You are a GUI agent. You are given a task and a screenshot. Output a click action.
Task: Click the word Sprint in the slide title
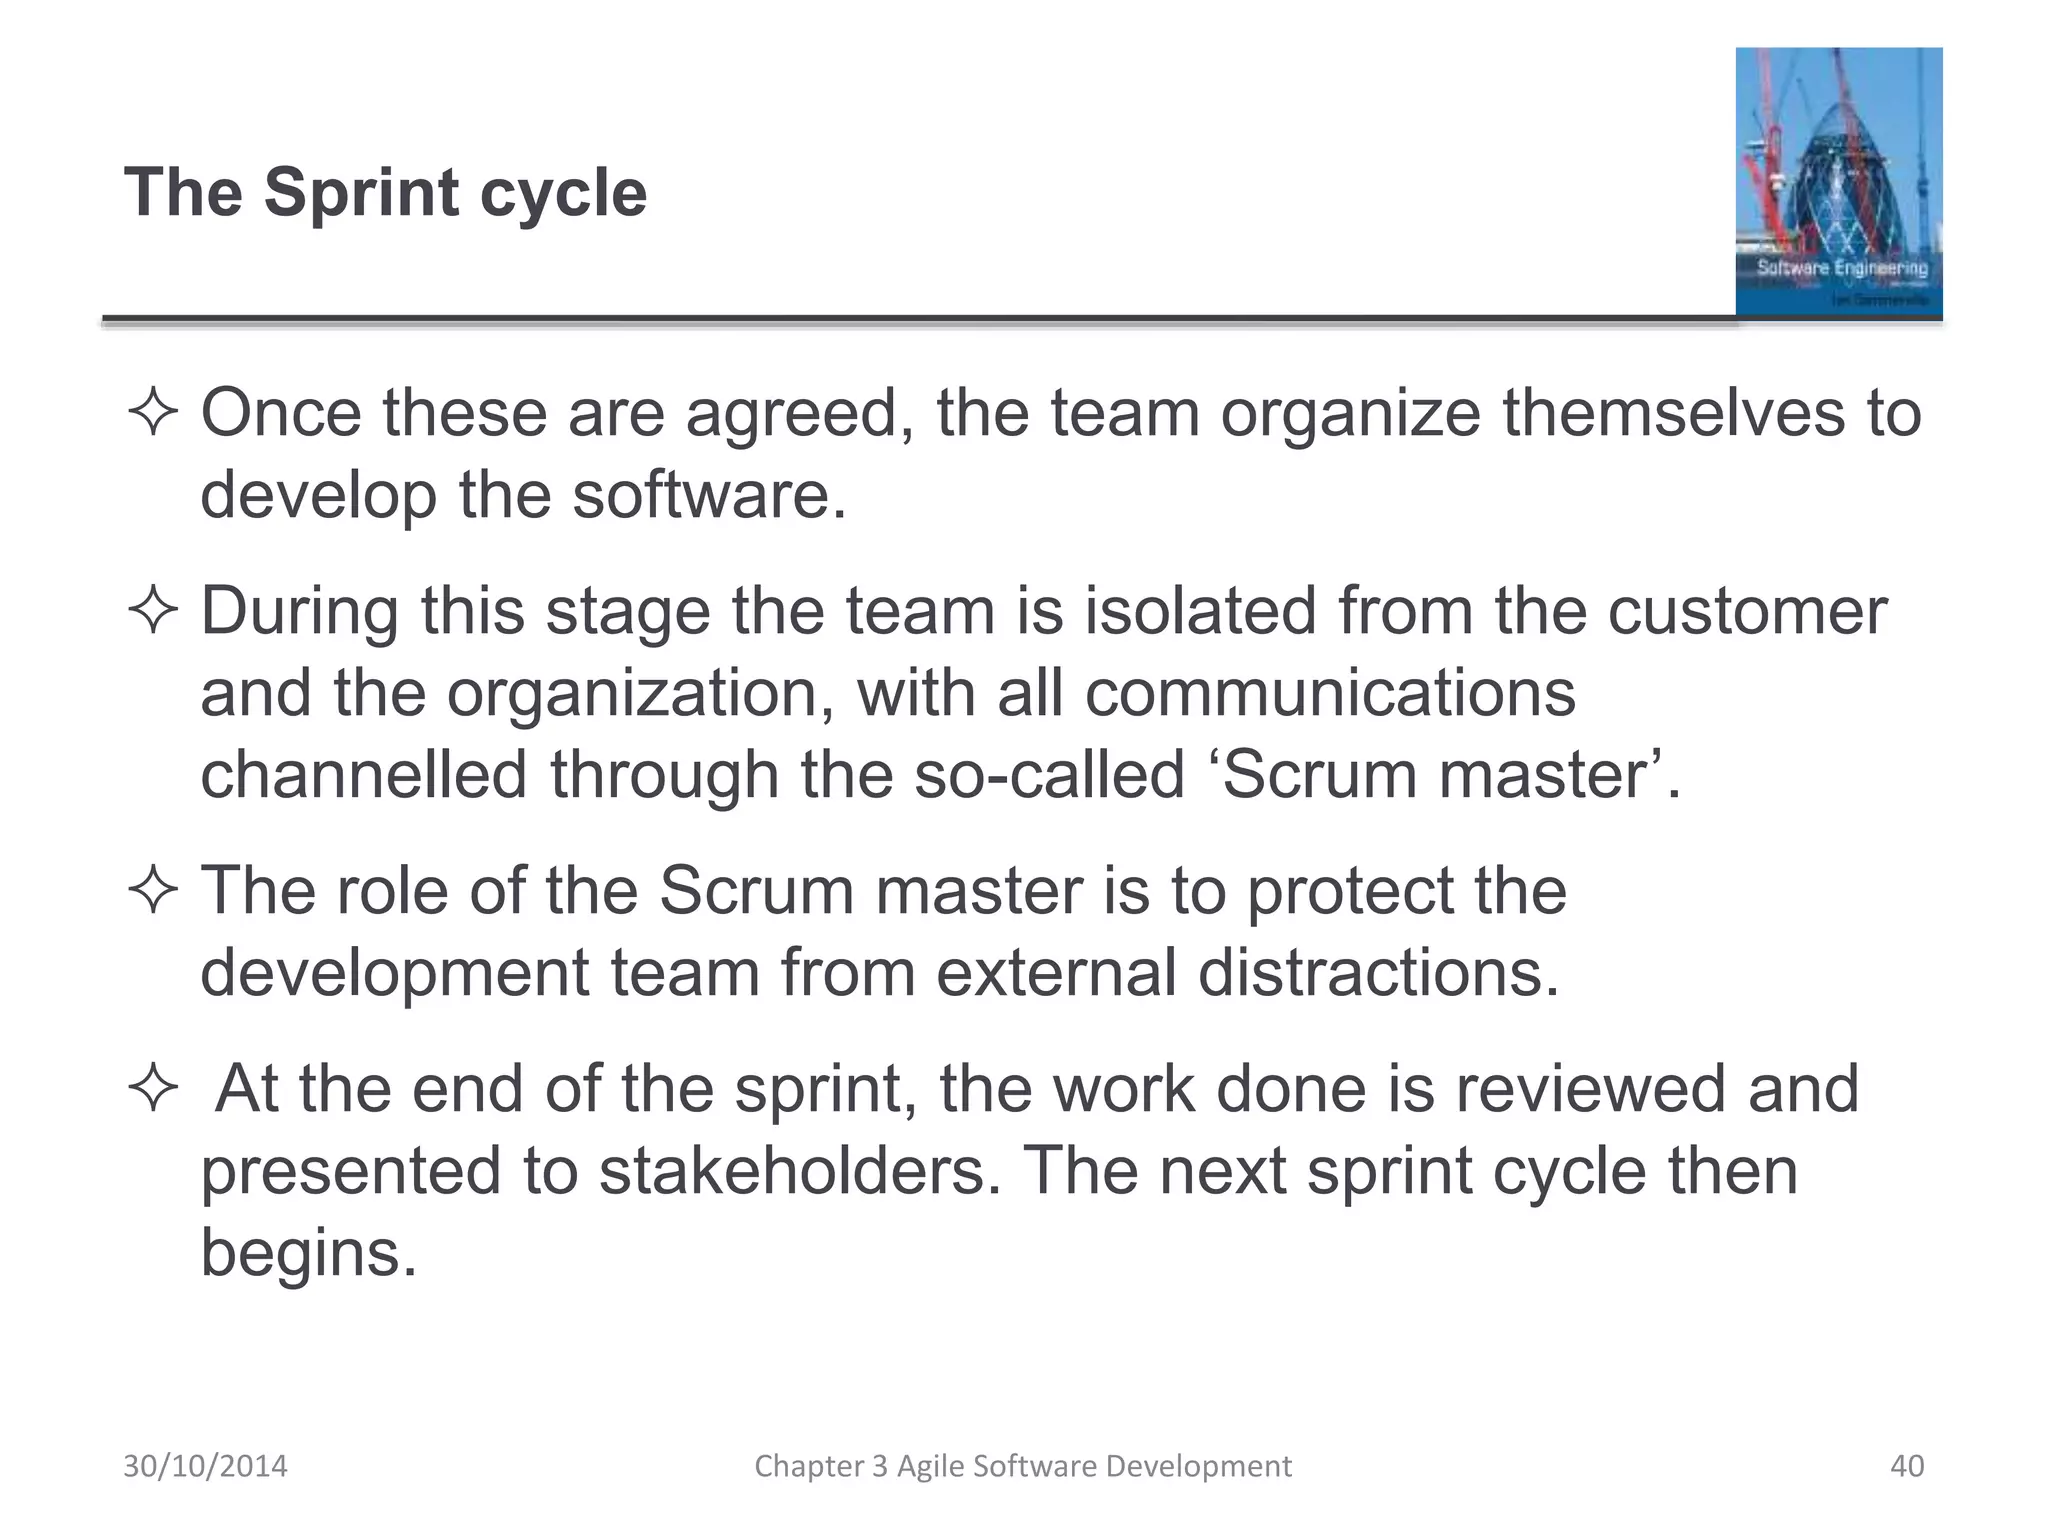pos(361,193)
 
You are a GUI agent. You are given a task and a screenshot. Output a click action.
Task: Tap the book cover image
pos(1838,183)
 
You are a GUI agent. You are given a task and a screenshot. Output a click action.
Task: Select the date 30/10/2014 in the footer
pos(205,1466)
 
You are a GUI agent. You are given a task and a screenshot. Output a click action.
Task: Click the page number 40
pos(1907,1466)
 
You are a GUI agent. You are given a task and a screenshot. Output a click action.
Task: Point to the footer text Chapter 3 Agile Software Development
pos(1022,1466)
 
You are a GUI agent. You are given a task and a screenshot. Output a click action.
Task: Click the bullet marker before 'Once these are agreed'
pos(153,414)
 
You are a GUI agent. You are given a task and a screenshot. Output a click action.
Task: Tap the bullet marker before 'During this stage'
pos(153,612)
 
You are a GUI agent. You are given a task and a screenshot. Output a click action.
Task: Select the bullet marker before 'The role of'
pos(153,891)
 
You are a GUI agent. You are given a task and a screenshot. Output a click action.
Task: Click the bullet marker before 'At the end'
pos(153,1089)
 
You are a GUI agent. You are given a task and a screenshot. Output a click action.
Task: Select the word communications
pos(1330,693)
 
